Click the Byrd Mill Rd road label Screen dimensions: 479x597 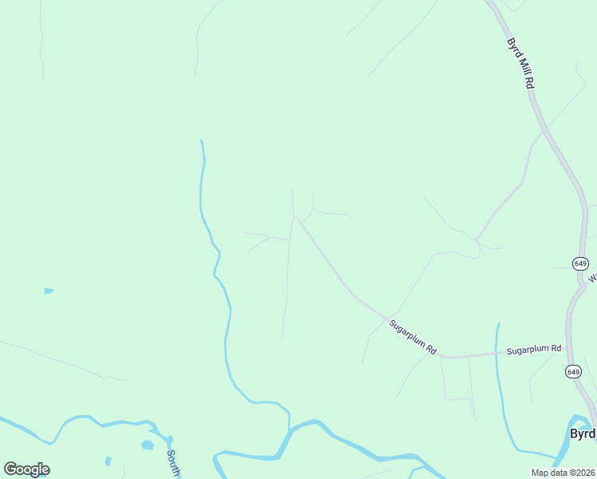point(520,63)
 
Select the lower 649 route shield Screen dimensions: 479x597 point(573,371)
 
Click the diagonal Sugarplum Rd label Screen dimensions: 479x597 point(413,338)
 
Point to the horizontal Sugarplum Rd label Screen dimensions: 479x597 point(534,350)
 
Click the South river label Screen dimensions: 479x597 point(173,464)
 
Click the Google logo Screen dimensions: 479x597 point(26,469)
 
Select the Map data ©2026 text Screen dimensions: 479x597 point(563,473)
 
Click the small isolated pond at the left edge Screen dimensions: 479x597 point(48,291)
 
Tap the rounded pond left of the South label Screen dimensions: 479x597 point(147,445)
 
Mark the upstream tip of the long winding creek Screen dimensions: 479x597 point(201,141)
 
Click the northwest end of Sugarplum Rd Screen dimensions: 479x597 point(295,216)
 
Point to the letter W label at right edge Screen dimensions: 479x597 point(592,279)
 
